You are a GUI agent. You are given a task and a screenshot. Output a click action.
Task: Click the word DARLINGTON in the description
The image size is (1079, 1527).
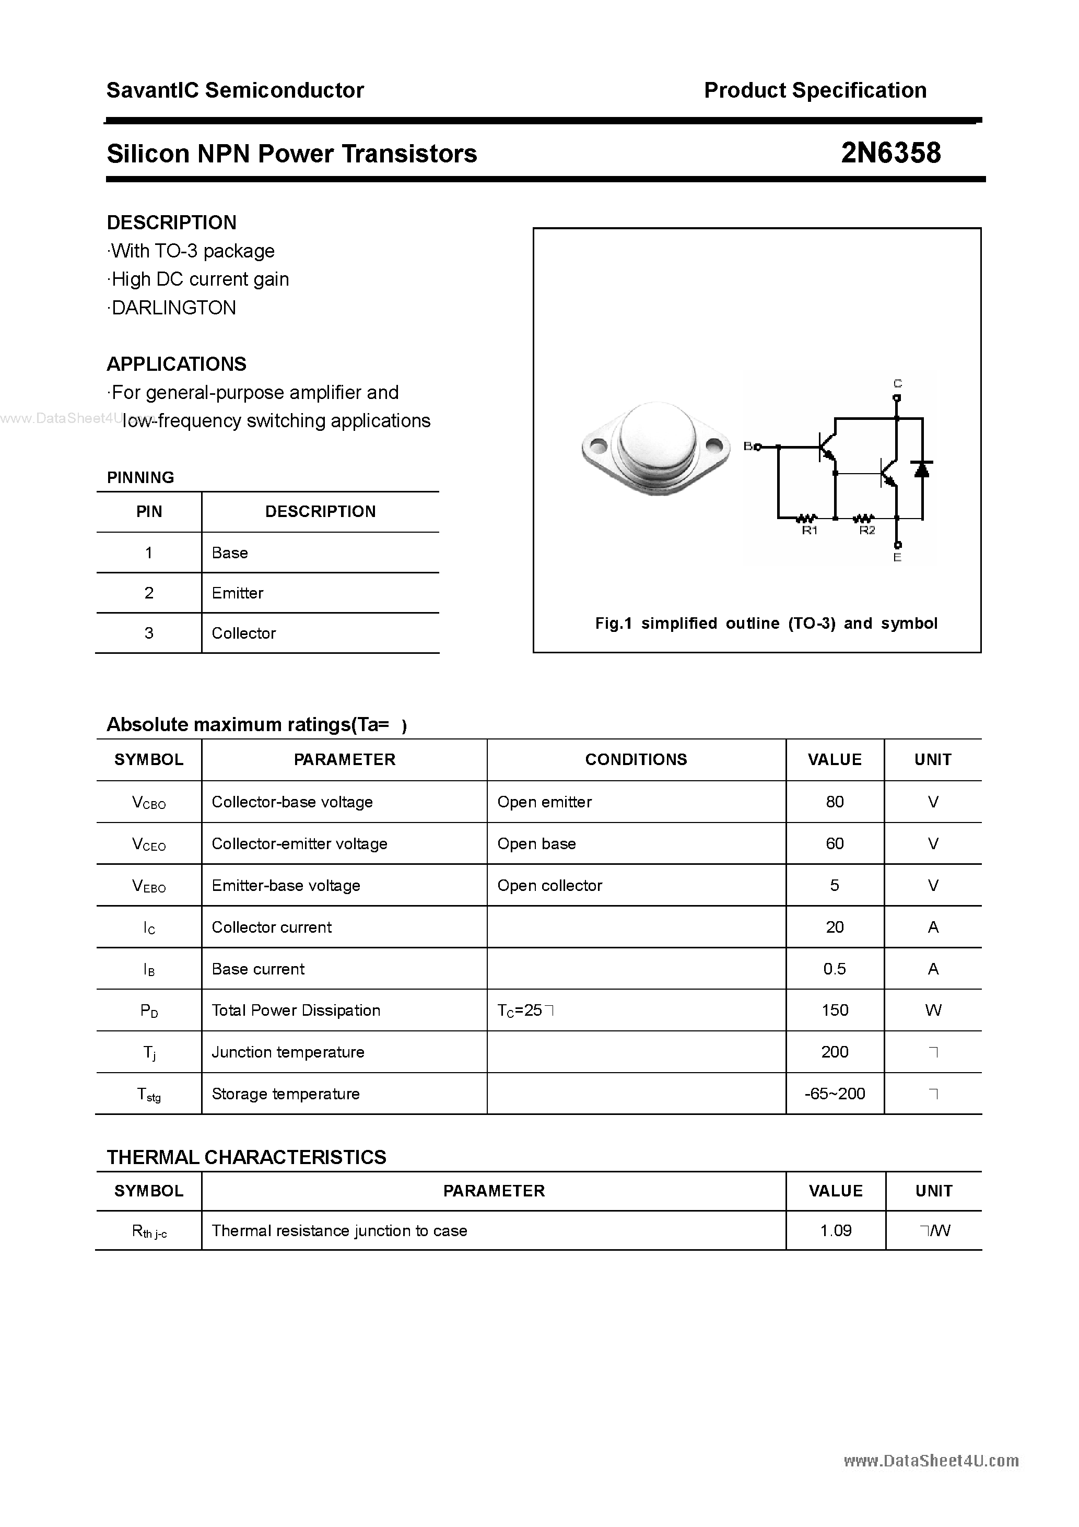[x=173, y=308]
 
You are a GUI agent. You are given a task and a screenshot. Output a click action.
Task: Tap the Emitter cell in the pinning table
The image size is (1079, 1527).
[x=238, y=593]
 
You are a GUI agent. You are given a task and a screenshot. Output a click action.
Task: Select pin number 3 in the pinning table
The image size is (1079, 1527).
[x=148, y=633]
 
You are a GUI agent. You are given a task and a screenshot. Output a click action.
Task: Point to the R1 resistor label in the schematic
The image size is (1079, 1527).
[x=809, y=530]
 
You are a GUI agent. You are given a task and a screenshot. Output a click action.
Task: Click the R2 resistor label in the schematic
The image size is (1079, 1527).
[x=867, y=530]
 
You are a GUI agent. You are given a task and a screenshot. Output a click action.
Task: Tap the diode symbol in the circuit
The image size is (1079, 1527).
[x=922, y=469]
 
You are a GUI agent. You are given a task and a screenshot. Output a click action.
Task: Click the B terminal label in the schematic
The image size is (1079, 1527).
[x=748, y=447]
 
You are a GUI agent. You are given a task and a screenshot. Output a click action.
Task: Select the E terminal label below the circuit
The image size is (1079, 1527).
[x=897, y=558]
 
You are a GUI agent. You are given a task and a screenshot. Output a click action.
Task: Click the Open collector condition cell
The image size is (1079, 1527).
[x=549, y=886]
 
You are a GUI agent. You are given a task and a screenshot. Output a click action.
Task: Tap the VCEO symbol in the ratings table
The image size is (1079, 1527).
[x=148, y=844]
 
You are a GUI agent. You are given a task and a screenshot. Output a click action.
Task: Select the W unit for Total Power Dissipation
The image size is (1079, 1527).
[x=933, y=1010]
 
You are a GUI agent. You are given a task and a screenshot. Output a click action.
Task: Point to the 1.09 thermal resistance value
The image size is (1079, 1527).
[x=836, y=1231]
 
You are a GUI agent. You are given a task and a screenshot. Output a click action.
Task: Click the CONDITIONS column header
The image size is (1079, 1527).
[x=636, y=759]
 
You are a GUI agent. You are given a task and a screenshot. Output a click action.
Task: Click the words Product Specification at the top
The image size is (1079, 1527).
[x=815, y=90]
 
